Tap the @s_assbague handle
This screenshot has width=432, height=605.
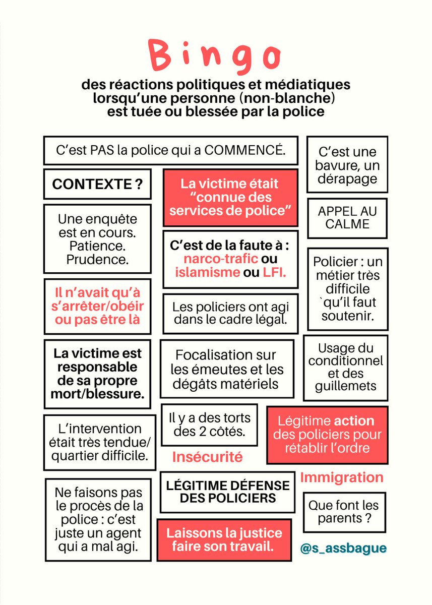click(x=343, y=549)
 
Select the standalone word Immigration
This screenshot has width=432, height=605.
click(x=342, y=477)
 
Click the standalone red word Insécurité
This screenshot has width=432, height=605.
click(x=207, y=457)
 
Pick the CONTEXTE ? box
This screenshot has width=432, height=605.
click(x=97, y=185)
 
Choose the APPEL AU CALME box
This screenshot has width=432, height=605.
click(x=347, y=217)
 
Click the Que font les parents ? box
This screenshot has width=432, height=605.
click(x=343, y=512)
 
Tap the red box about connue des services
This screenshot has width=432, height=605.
click(x=230, y=197)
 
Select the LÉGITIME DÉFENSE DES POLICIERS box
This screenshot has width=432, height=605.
click(x=227, y=492)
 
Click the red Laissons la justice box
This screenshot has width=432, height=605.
click(x=224, y=539)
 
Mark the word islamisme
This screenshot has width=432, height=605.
click(x=207, y=273)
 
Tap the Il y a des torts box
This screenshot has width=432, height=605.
click(x=209, y=425)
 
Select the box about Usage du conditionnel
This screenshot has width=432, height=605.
click(x=345, y=367)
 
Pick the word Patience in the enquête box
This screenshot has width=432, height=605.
click(x=97, y=247)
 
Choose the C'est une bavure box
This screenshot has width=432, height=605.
click(x=347, y=165)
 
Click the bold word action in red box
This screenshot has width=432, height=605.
click(x=353, y=420)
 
